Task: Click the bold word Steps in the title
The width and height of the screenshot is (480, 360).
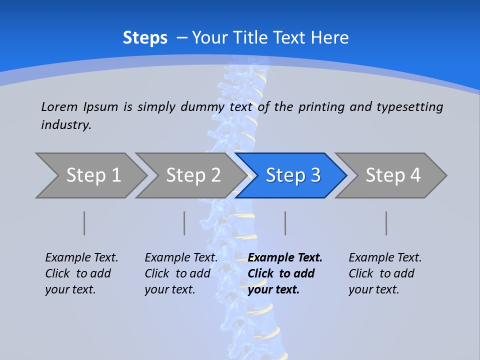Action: (x=145, y=38)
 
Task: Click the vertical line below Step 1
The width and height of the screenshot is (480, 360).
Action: (x=84, y=223)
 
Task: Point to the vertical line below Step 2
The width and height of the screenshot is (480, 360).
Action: (x=184, y=223)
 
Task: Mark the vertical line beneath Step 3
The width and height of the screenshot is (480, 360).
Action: (x=285, y=223)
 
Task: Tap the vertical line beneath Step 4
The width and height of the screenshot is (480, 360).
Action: (x=386, y=223)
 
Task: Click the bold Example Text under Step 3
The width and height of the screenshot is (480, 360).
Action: (x=284, y=273)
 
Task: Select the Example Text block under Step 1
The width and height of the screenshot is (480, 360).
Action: (x=81, y=273)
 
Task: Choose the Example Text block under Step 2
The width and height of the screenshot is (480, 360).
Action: (x=181, y=273)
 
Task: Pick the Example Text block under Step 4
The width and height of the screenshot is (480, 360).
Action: (x=385, y=273)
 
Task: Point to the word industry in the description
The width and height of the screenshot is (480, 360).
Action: (x=66, y=125)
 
